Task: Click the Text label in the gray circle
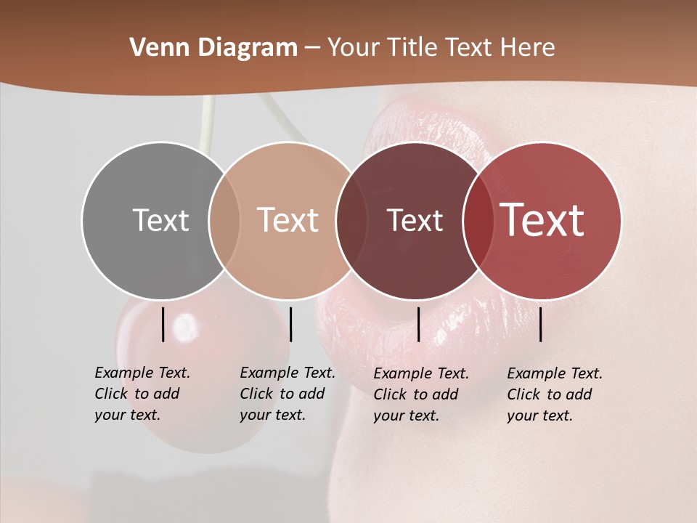pyautogui.click(x=160, y=220)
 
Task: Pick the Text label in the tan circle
pyautogui.click(x=288, y=220)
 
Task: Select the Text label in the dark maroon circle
pyautogui.click(x=415, y=220)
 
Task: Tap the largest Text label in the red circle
pyautogui.click(x=542, y=219)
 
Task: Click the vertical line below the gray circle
pyautogui.click(x=163, y=324)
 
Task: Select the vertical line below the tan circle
pyautogui.click(x=290, y=324)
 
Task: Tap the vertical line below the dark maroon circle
pyautogui.click(x=419, y=324)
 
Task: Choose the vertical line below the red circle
pyautogui.click(x=541, y=324)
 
